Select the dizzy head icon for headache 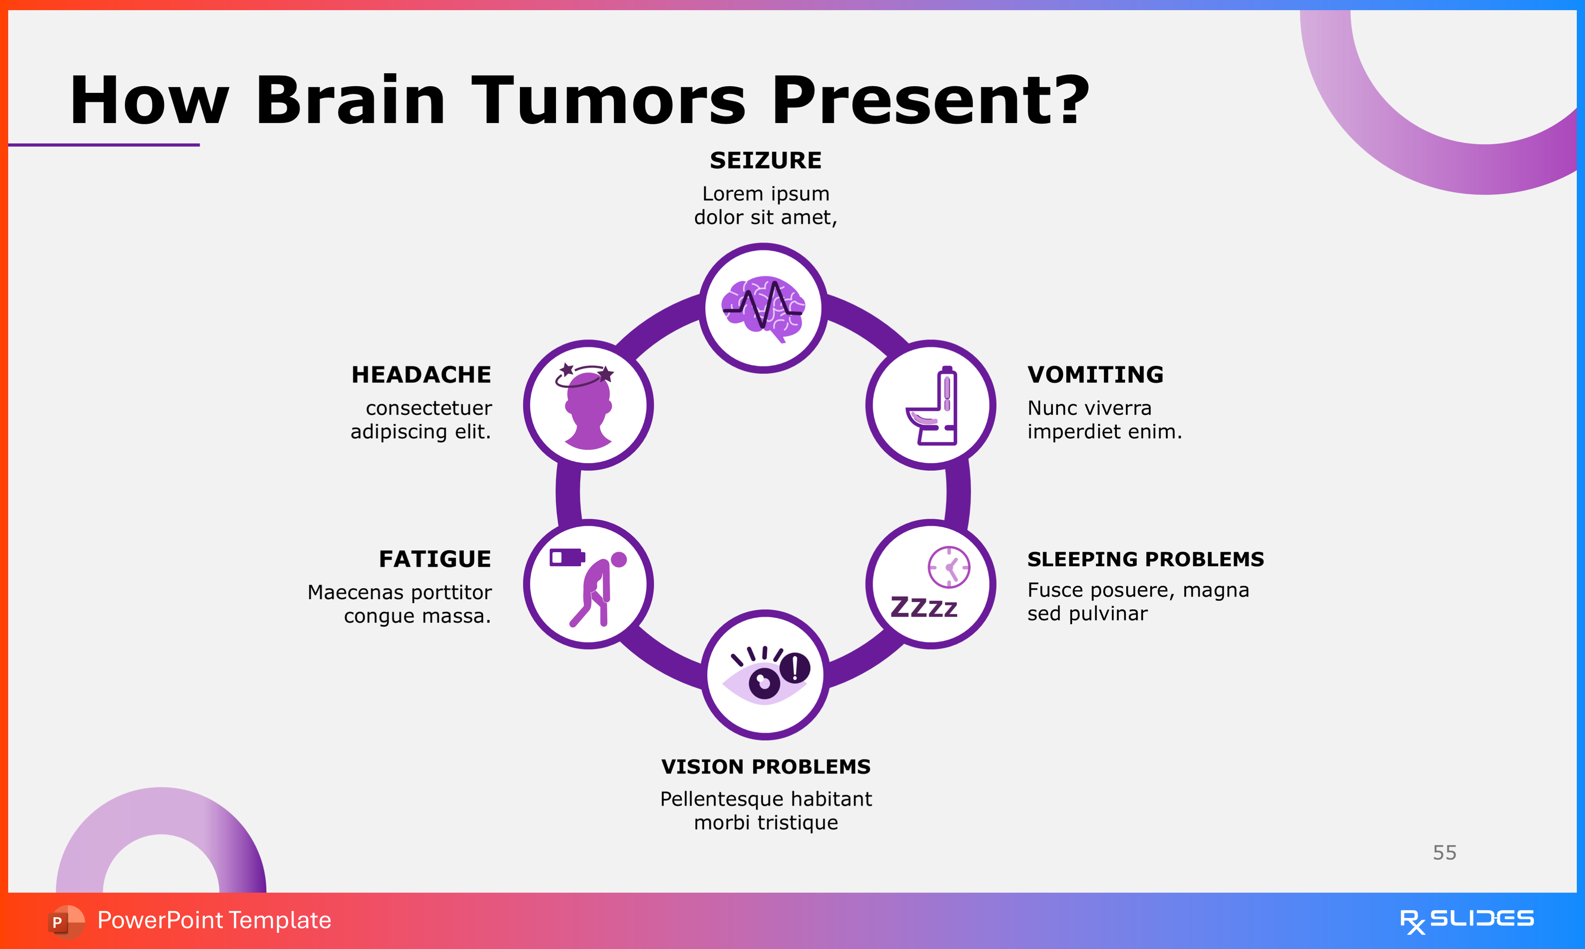tap(587, 406)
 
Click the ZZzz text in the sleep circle tap(924, 607)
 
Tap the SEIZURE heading tap(766, 161)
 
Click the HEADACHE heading tap(421, 375)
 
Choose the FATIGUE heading tap(435, 559)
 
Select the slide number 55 tap(1444, 853)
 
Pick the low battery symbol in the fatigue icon tap(566, 558)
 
